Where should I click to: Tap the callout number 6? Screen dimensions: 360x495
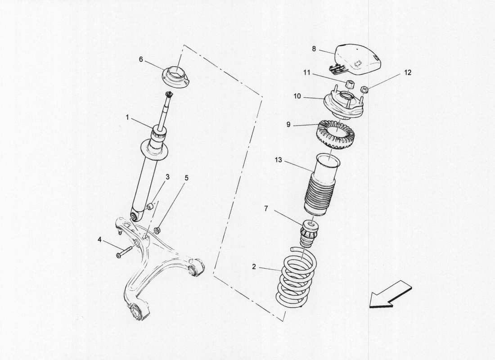(x=141, y=59)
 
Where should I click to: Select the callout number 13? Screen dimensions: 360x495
(x=279, y=160)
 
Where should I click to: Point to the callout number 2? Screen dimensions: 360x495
(x=254, y=267)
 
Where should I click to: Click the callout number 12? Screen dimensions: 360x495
(x=408, y=72)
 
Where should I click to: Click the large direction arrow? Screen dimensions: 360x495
(x=390, y=295)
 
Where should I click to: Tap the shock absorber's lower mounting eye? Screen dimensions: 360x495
(x=134, y=218)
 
